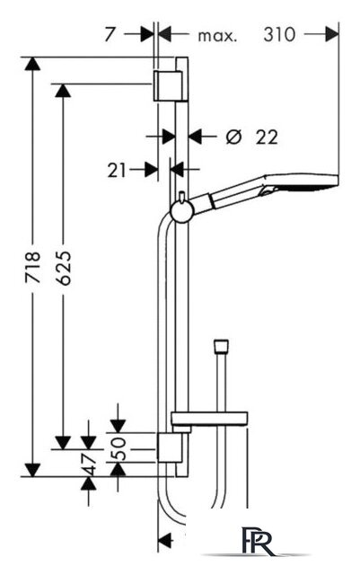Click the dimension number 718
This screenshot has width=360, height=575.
click(x=32, y=268)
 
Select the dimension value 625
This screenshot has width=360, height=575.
click(x=64, y=268)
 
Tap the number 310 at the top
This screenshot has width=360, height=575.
click(x=279, y=35)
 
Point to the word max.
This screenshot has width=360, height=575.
click(x=217, y=36)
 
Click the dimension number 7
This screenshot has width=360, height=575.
click(x=110, y=35)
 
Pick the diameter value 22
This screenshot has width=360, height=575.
click(x=267, y=137)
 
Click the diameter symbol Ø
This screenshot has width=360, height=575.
click(x=234, y=137)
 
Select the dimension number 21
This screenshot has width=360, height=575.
click(x=117, y=171)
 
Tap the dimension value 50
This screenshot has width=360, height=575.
click(x=119, y=448)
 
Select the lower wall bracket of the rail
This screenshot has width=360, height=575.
click(x=170, y=447)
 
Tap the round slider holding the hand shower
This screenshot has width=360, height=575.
click(x=182, y=212)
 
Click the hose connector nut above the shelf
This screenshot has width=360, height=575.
click(x=221, y=346)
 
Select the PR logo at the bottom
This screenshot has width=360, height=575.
click(x=258, y=541)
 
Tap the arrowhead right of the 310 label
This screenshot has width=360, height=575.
click(x=332, y=35)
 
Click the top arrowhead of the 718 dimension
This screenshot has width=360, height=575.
click(x=32, y=64)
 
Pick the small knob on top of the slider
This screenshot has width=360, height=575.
click(x=182, y=197)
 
